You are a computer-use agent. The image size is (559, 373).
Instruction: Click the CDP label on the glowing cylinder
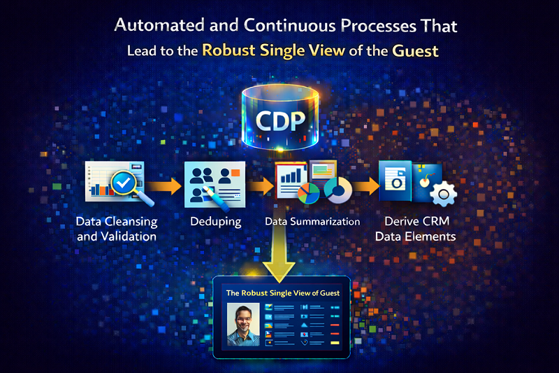click(x=279, y=120)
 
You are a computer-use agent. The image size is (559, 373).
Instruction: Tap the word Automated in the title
click(x=154, y=27)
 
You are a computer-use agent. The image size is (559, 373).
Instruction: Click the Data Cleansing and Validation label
click(x=117, y=229)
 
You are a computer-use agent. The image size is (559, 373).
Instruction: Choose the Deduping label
click(x=215, y=221)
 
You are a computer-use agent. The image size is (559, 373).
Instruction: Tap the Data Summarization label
click(x=312, y=221)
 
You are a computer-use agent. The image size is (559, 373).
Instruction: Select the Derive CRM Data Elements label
click(x=415, y=229)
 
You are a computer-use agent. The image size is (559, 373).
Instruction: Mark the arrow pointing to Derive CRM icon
click(x=363, y=187)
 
